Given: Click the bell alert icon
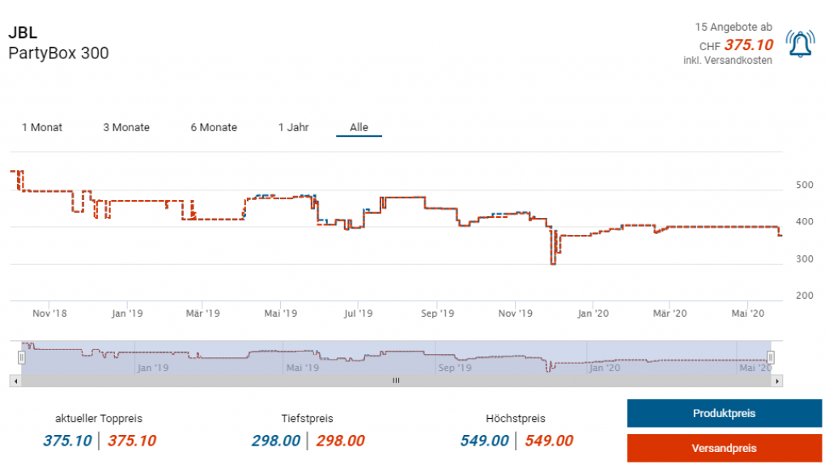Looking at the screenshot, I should (x=800, y=44).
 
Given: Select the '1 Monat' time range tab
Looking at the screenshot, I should (x=42, y=127).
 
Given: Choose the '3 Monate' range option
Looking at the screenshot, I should (x=126, y=127).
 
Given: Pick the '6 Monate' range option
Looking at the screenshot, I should (x=214, y=127).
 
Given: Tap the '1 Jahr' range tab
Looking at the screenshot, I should (x=293, y=127).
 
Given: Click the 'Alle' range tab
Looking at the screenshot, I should (x=359, y=127).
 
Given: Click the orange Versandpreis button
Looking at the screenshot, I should (x=723, y=448).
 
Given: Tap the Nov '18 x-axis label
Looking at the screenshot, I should (x=50, y=313).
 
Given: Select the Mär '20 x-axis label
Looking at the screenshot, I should (x=670, y=313).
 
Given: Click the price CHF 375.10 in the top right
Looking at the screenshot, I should (x=748, y=45).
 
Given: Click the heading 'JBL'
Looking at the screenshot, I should (x=22, y=34).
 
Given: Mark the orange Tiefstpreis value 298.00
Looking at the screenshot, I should (x=340, y=441).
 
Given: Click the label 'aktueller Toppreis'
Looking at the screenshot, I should (x=99, y=419).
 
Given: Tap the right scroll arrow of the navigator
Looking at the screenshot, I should (x=777, y=381).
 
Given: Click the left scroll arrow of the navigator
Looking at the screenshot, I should (x=15, y=381).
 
